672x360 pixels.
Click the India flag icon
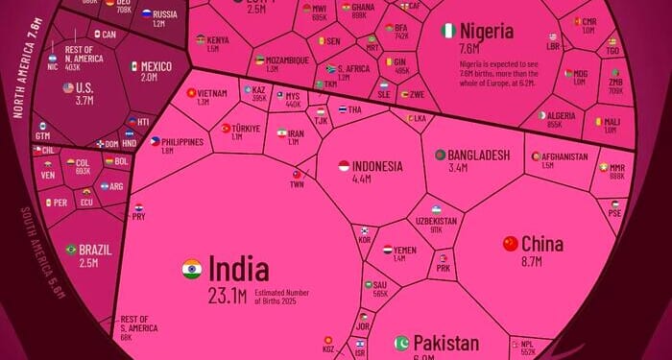point(192,269)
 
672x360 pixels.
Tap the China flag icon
point(511,244)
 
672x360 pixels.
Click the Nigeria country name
point(486,31)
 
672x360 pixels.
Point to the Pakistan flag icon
point(402,343)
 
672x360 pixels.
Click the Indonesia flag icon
point(344,165)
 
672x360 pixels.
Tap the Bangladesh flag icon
point(440,155)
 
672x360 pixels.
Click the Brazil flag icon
point(71,250)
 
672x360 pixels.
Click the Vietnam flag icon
point(191,93)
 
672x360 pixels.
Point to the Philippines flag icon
point(155,140)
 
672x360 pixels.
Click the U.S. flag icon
point(68,87)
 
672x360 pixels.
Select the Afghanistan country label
point(564,156)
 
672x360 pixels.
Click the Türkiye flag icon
point(227,128)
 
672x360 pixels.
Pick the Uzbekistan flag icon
point(437,208)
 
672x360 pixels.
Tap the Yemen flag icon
point(387,250)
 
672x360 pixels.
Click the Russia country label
point(165,14)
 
